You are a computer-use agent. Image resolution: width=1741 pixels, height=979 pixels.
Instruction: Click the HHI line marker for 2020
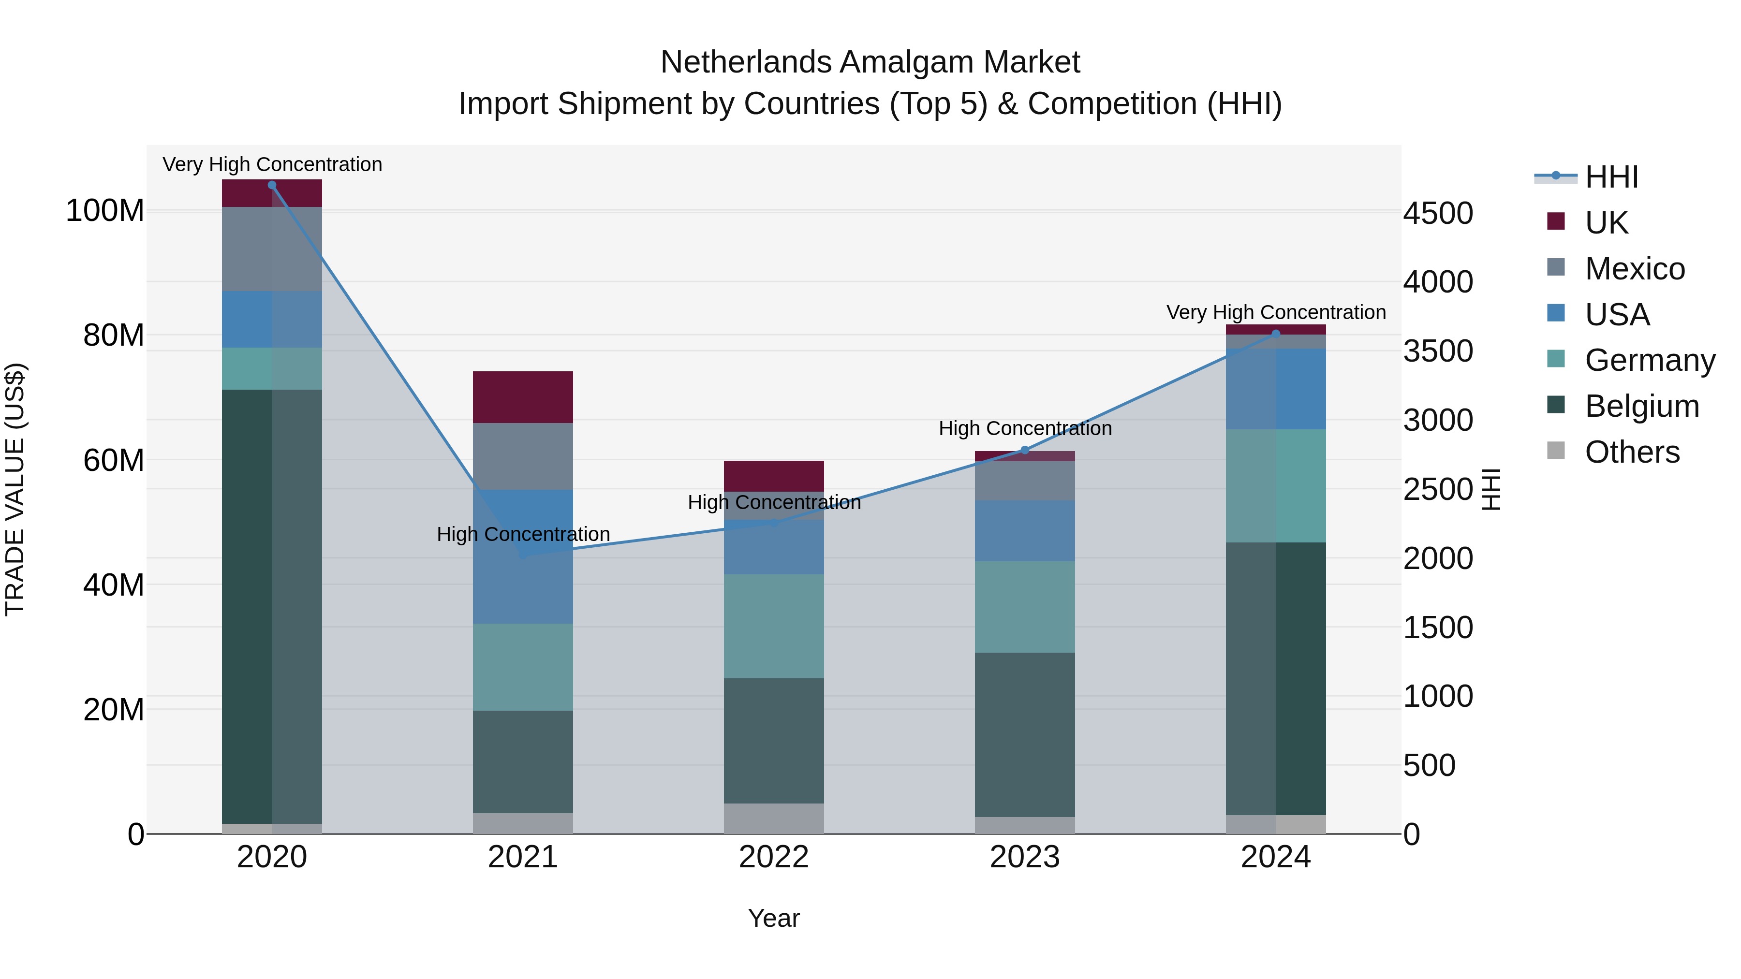click(x=272, y=185)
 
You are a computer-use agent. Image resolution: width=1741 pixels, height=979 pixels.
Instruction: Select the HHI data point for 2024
click(x=1275, y=334)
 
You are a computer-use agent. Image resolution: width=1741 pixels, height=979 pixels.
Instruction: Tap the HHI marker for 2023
click(x=1025, y=450)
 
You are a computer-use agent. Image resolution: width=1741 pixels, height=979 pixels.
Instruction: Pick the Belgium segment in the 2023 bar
click(x=1025, y=734)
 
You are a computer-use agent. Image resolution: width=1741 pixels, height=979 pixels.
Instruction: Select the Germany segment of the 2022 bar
click(x=774, y=626)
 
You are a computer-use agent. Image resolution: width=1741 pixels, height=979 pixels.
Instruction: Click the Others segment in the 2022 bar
click(x=774, y=818)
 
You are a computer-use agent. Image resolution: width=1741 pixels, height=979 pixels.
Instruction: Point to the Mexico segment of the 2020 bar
click(x=272, y=248)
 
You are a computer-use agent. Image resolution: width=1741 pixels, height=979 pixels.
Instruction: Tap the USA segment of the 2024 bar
click(x=1275, y=389)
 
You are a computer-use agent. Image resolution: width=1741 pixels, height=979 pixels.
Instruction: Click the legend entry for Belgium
click(x=1642, y=406)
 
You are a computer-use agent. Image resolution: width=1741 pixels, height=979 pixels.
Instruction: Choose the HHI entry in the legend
click(x=1611, y=177)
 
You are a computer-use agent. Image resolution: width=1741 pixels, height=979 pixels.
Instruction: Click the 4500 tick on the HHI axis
click(x=1438, y=214)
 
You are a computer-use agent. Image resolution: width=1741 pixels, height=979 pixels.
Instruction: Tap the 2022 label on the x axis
click(x=774, y=857)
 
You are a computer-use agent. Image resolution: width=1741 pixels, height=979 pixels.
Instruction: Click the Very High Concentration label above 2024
click(x=1275, y=312)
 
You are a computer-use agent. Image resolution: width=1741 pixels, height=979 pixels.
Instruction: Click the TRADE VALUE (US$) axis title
click(x=15, y=489)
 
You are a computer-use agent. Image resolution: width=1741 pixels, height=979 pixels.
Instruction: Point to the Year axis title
click(x=774, y=918)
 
